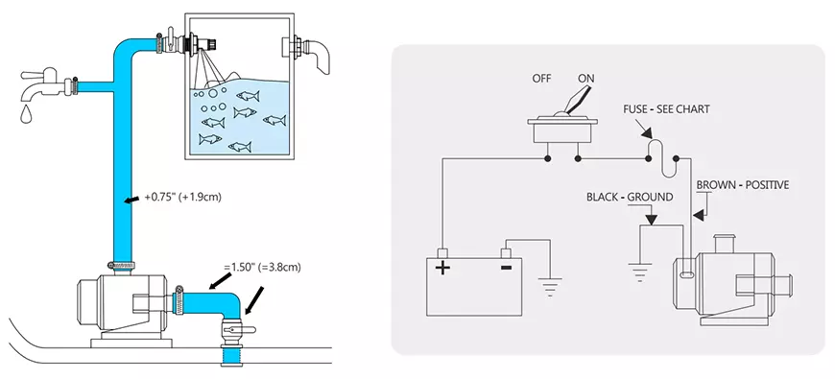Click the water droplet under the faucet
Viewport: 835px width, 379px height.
[x=26, y=114]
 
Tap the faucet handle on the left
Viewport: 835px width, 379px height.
[x=38, y=74]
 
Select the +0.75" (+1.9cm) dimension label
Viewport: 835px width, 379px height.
[x=182, y=197]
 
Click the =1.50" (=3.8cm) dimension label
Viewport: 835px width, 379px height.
[x=262, y=268]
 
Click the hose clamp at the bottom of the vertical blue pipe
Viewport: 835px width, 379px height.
[x=122, y=265]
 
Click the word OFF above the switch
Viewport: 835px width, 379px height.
[x=541, y=79]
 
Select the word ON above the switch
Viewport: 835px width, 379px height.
[x=585, y=79]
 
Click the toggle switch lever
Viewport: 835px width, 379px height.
[x=575, y=100]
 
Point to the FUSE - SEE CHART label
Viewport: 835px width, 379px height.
[x=666, y=109]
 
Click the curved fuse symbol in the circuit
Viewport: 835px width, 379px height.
[x=662, y=158]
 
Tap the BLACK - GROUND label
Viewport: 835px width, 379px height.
[x=630, y=197]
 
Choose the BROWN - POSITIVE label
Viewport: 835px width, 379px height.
[x=742, y=185]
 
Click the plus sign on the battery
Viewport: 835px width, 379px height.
[x=442, y=267]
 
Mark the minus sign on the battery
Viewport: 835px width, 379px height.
[x=507, y=266]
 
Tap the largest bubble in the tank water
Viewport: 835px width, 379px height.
[x=213, y=93]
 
